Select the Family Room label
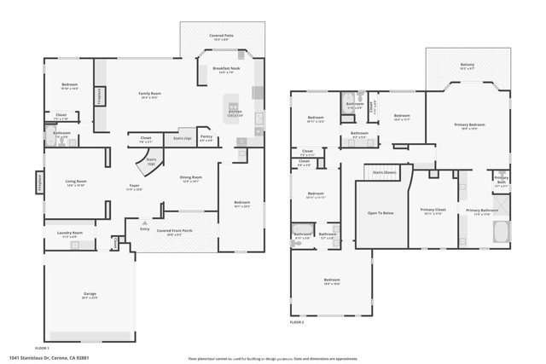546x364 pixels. pos(150,95)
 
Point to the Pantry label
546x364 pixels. pos(206,137)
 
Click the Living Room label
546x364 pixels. pos(76,182)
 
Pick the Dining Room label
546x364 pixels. pos(190,178)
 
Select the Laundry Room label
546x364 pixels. pos(71,233)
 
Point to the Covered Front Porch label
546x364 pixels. pos(175,230)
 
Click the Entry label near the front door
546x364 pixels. pos(144,228)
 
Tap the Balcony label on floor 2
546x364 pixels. pos(468,66)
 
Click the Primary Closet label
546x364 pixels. pos(433,210)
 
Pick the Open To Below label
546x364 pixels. pos(380,212)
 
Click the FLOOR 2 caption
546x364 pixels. pos(297,323)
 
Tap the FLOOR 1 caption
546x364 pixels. pos(42,348)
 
